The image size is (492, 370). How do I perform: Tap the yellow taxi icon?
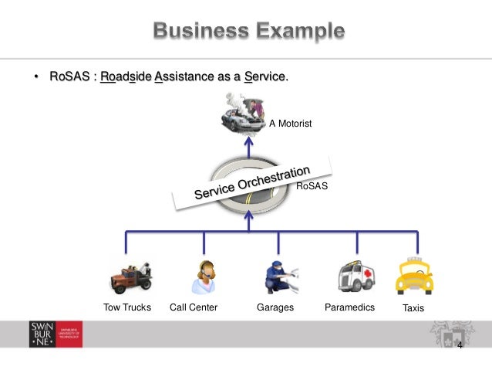pyautogui.click(x=413, y=275)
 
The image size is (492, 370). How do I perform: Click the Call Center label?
pyautogui.click(x=194, y=307)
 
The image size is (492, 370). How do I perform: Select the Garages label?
pyautogui.click(x=275, y=307)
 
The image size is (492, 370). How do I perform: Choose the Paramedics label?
pyautogui.click(x=349, y=307)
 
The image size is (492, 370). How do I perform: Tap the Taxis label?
pyautogui.click(x=413, y=308)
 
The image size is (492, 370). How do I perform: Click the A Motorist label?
pyautogui.click(x=290, y=123)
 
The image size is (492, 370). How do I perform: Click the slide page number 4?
pyautogui.click(x=460, y=345)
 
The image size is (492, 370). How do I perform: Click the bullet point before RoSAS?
pyautogui.click(x=35, y=77)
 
